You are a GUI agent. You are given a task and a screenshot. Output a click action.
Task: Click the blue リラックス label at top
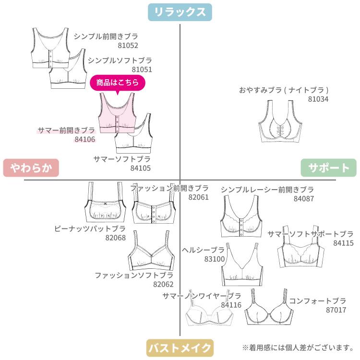(x=180, y=12)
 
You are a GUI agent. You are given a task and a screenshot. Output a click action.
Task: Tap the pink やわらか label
(x=30, y=168)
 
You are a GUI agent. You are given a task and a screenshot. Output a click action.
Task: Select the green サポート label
(x=329, y=168)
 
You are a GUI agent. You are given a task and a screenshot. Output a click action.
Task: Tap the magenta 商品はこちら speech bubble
(x=118, y=83)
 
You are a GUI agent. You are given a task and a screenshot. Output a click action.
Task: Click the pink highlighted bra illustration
(x=117, y=113)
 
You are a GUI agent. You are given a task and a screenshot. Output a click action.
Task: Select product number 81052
(x=128, y=46)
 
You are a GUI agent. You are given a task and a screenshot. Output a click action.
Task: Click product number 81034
(x=318, y=99)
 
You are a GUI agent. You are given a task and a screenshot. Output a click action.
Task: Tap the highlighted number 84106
(x=85, y=140)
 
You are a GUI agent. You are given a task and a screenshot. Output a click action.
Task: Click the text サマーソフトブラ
(x=122, y=159)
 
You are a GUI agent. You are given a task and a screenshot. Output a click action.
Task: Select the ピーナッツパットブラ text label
(x=90, y=228)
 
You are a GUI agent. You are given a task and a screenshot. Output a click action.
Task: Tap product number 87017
(x=336, y=310)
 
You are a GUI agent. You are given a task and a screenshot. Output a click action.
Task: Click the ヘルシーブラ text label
(x=204, y=250)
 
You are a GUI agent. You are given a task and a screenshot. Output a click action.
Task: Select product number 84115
(x=343, y=243)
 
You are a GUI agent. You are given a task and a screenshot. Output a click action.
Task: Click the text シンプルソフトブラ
(x=120, y=60)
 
